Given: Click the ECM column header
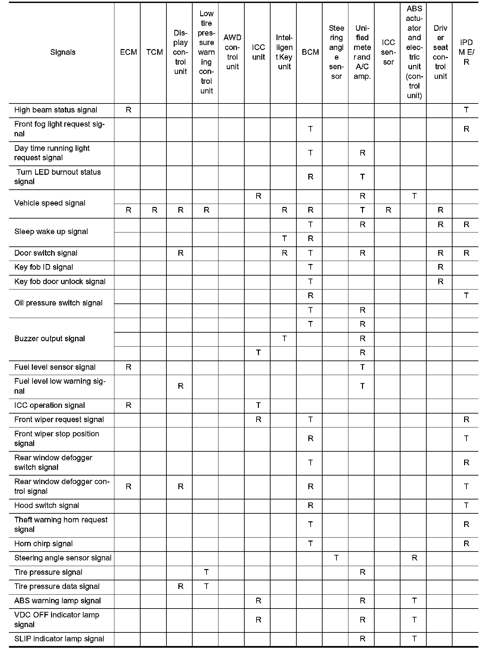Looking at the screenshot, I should tap(128, 52).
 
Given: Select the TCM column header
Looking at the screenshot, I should tap(154, 52).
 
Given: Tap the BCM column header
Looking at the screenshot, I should tap(310, 52).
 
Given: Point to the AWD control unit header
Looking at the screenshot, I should tap(232, 52).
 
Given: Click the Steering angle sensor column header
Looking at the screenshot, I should tap(336, 52).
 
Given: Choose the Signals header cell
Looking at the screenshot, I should tap(63, 52).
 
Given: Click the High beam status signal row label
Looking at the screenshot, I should tap(56, 110).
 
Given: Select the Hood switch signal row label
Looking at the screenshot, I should tap(47, 505).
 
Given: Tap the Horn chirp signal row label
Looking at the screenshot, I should tap(43, 544).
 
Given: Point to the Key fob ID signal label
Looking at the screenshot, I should tap(44, 267).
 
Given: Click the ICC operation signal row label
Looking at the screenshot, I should tap(49, 405).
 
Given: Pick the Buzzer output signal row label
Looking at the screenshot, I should tap(49, 339).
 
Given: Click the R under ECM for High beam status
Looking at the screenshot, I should tap(128, 110).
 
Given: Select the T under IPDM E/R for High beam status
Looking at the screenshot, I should tap(466, 110).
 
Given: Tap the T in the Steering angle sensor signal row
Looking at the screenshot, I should tap(336, 558).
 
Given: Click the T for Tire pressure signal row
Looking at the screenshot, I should tap(206, 572).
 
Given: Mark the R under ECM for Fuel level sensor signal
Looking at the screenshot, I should tap(128, 367).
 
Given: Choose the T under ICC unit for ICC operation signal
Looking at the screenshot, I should tap(258, 405).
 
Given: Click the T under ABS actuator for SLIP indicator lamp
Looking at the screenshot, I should tap(414, 639).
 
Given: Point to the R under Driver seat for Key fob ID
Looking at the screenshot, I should tap(440, 267).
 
